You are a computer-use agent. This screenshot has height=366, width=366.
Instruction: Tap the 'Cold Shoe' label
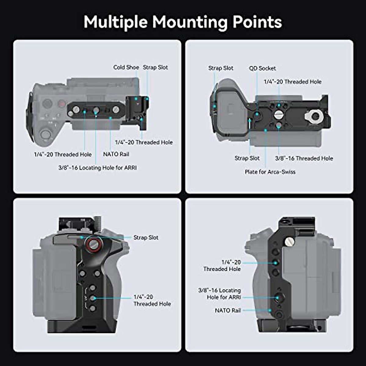(126, 67)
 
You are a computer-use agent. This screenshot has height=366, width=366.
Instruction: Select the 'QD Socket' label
(262, 68)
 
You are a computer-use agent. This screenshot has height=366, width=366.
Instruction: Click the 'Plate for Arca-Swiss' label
(270, 172)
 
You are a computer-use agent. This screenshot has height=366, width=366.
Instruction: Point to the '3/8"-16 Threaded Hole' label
(304, 158)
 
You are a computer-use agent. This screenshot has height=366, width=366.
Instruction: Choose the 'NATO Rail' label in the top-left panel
(116, 154)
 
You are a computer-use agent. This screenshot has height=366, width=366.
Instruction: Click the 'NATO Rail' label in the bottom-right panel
(228, 310)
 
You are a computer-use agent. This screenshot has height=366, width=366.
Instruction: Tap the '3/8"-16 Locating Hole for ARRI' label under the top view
(98, 168)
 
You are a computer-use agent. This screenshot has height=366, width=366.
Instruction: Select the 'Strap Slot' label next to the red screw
(146, 238)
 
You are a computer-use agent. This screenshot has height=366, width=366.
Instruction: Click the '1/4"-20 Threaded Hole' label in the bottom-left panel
(152, 300)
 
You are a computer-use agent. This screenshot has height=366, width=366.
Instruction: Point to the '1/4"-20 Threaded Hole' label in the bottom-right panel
(222, 266)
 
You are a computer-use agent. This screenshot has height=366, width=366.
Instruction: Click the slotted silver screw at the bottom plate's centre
(278, 115)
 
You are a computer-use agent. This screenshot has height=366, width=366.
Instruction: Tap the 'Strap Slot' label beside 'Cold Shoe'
(155, 67)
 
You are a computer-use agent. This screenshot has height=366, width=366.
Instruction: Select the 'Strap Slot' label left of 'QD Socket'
(221, 68)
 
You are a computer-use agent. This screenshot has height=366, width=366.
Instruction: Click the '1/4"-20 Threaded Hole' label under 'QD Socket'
(292, 82)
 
